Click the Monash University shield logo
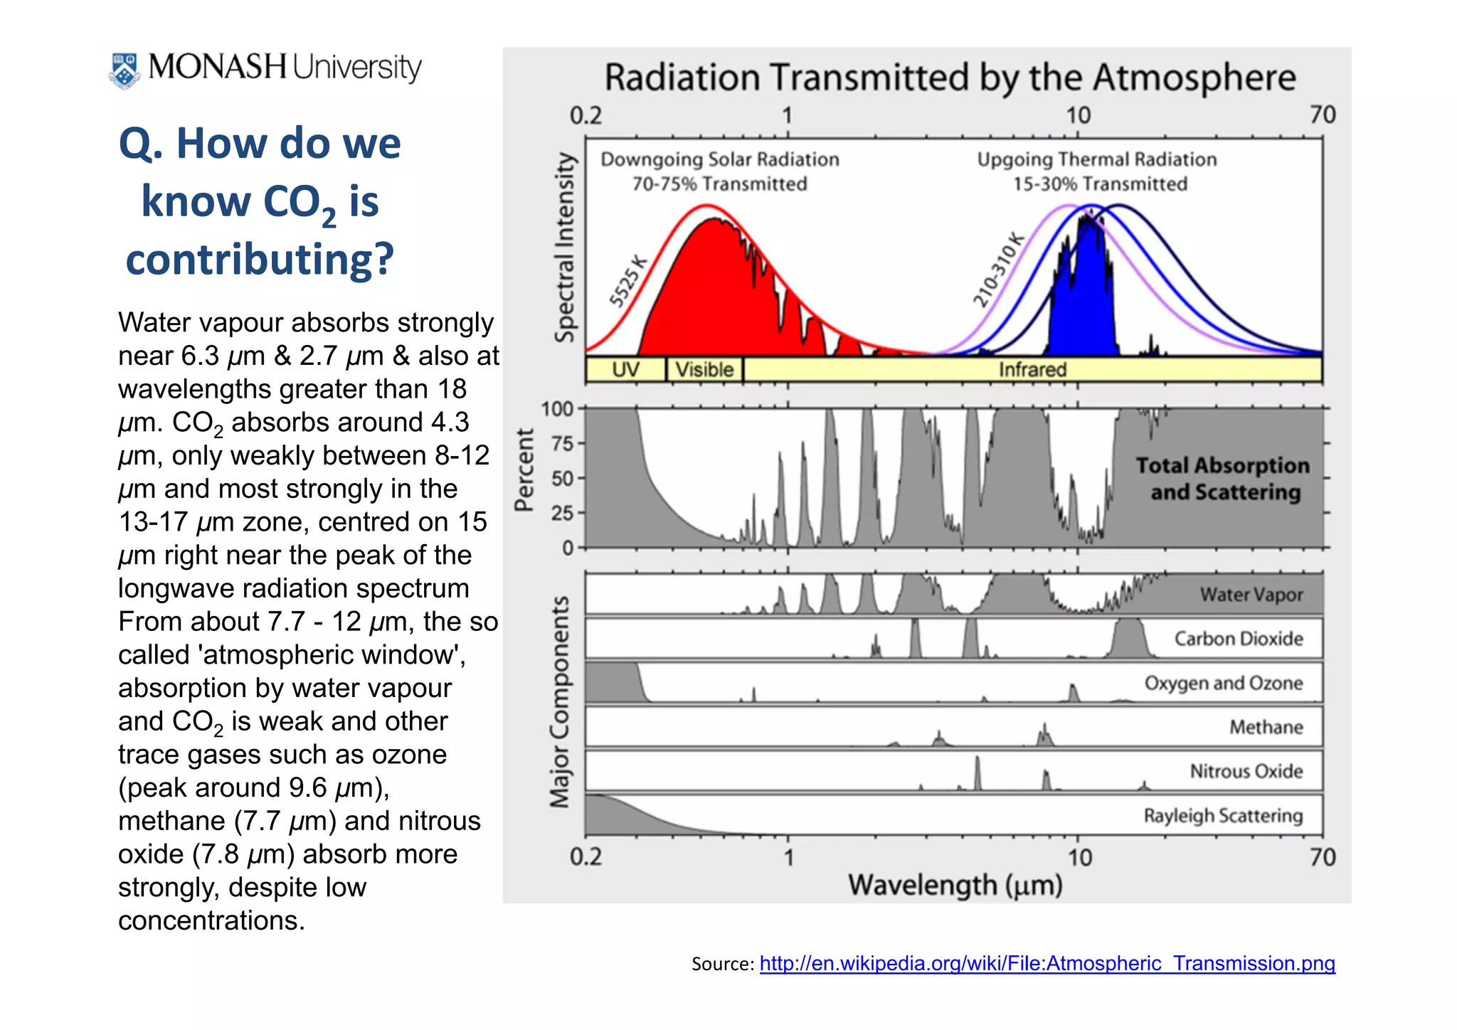pos(124,70)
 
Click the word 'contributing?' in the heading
pos(260,259)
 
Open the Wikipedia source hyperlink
pos(1047,963)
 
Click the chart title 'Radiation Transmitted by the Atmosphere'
pos(950,78)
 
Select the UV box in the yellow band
pos(625,370)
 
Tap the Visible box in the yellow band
pos(704,370)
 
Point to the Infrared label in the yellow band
pos(1032,370)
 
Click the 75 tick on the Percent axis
pos(562,444)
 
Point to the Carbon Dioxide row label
pos(1239,639)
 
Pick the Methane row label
pos(1266,727)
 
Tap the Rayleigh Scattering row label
pos(1223,815)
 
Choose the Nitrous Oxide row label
pos(1246,771)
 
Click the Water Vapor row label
pos(1251,595)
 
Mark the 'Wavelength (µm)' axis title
pos(955,886)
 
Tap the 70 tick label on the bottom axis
pos(1322,857)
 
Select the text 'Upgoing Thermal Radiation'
pos(1096,159)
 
